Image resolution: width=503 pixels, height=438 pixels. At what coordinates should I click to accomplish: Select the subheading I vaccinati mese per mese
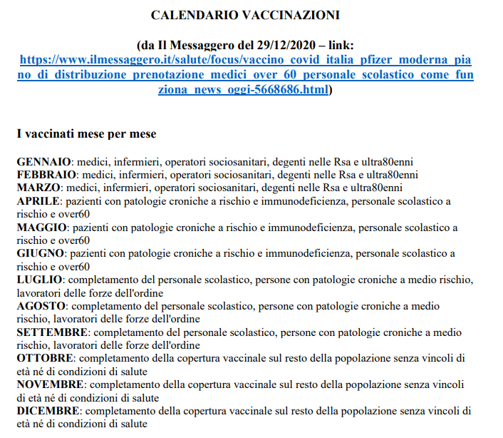[86, 133]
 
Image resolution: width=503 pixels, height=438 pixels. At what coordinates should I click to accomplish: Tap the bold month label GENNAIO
[44, 162]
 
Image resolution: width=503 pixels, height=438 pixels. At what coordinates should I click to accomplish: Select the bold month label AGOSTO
[41, 306]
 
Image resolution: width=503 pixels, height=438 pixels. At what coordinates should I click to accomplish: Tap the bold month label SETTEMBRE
[52, 332]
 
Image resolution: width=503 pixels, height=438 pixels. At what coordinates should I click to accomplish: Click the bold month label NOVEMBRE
[51, 385]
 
